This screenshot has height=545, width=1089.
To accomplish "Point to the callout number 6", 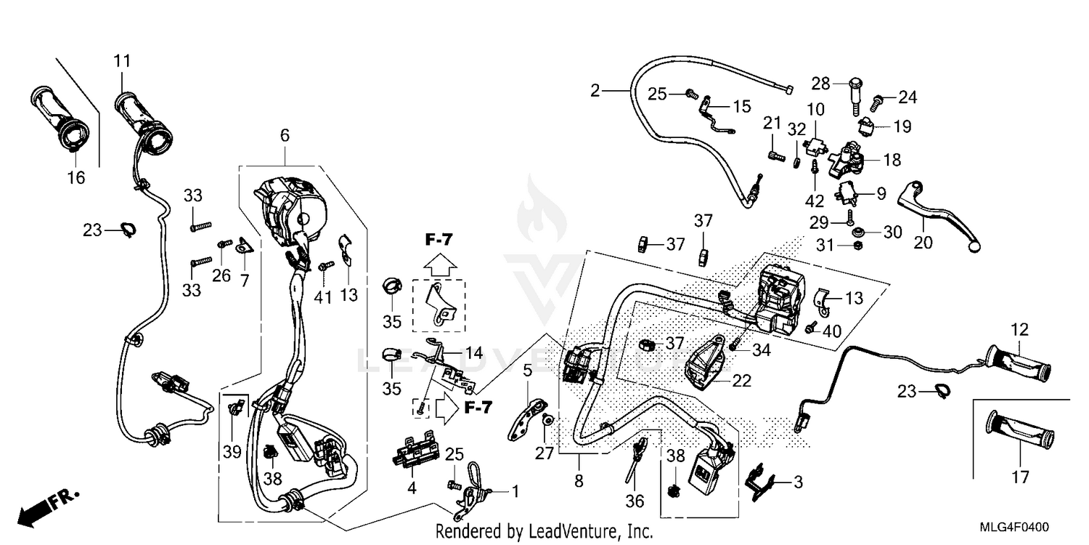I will click(x=285, y=135).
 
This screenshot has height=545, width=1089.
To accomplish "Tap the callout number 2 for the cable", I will click(x=595, y=91).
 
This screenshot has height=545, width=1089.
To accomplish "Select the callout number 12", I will click(x=1020, y=329).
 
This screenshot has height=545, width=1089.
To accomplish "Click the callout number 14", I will click(x=473, y=353).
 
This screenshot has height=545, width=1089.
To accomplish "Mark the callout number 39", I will click(x=232, y=452).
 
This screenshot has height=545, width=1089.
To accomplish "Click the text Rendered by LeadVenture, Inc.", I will click(x=544, y=532).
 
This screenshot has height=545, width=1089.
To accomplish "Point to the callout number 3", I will click(x=798, y=481).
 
